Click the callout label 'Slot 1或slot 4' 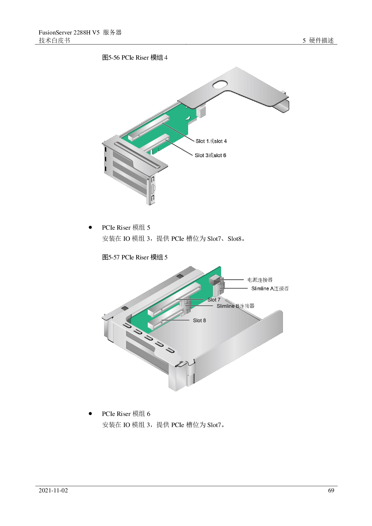(211, 141)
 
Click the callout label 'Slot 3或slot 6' (211, 155)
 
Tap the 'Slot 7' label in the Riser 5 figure (214, 300)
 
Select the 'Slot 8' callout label (199, 321)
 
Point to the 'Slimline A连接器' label (270, 288)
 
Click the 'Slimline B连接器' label (235, 306)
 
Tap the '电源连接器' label (260, 280)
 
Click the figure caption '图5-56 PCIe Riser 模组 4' (135, 58)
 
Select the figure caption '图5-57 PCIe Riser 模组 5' (135, 257)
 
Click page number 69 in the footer (331, 491)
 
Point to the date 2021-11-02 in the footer (53, 491)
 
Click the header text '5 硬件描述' (318, 40)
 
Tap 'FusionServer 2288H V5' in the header (69, 32)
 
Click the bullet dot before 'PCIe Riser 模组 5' (90, 227)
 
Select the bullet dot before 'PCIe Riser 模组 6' (90, 414)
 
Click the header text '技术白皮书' (54, 40)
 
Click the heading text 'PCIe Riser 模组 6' (126, 414)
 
